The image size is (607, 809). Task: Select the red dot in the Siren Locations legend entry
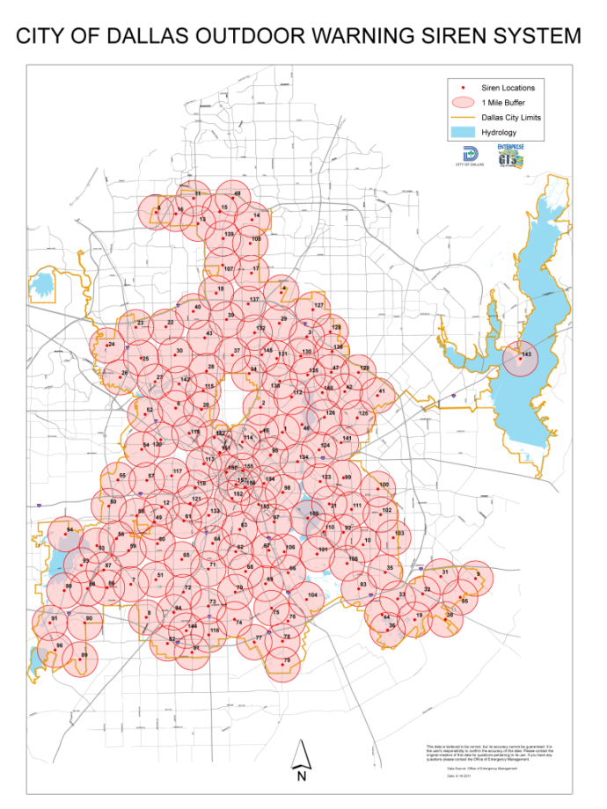click(x=463, y=87)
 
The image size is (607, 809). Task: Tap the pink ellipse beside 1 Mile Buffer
click(x=463, y=102)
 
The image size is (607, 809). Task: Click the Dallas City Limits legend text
click(x=511, y=117)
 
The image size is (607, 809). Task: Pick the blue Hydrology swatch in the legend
click(x=463, y=132)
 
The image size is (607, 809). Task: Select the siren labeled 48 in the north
click(x=237, y=193)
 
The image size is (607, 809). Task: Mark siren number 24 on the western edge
click(x=111, y=345)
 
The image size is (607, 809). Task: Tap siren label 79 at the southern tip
click(x=287, y=660)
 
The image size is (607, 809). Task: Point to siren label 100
click(x=383, y=485)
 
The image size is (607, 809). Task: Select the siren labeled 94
click(x=69, y=530)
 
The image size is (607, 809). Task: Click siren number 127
click(x=318, y=305)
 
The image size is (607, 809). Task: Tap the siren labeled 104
click(x=311, y=595)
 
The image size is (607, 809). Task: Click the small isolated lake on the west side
click(x=41, y=285)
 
